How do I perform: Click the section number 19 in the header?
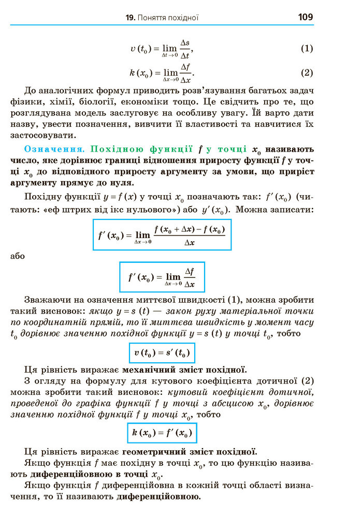[x=129, y=18]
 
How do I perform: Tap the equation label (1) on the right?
[x=307, y=49]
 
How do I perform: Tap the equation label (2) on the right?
[x=307, y=72]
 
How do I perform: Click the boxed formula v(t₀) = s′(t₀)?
[x=162, y=354]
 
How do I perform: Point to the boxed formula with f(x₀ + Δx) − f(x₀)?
[x=162, y=234]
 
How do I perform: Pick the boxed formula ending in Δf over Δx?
[x=162, y=277]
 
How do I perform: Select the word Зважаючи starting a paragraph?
[x=49, y=300]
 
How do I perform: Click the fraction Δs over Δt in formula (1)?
[x=185, y=49]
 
